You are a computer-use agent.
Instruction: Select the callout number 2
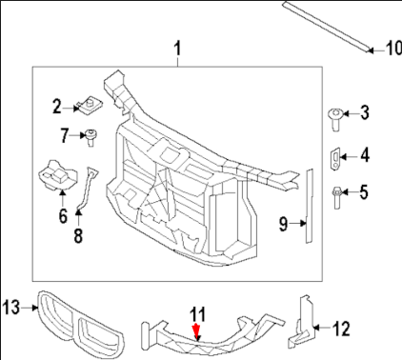[56, 105]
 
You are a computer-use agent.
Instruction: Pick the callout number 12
[340, 330]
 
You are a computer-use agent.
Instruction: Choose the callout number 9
[283, 224]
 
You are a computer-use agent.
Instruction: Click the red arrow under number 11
[197, 332]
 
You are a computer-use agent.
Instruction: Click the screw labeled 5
[338, 194]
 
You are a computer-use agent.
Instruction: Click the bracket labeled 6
[57, 177]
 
